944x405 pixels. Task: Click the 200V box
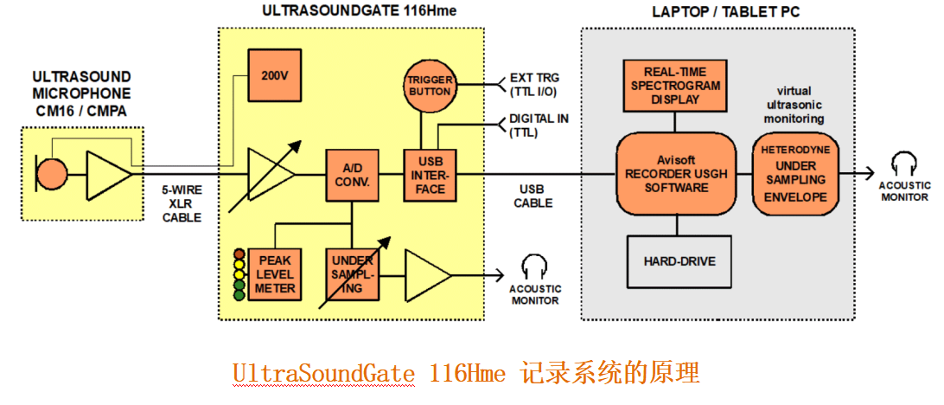[274, 75]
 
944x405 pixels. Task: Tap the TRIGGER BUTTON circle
[430, 86]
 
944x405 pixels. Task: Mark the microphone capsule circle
[51, 174]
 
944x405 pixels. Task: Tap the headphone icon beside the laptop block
[904, 164]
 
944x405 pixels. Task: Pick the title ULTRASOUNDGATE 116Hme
[359, 10]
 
